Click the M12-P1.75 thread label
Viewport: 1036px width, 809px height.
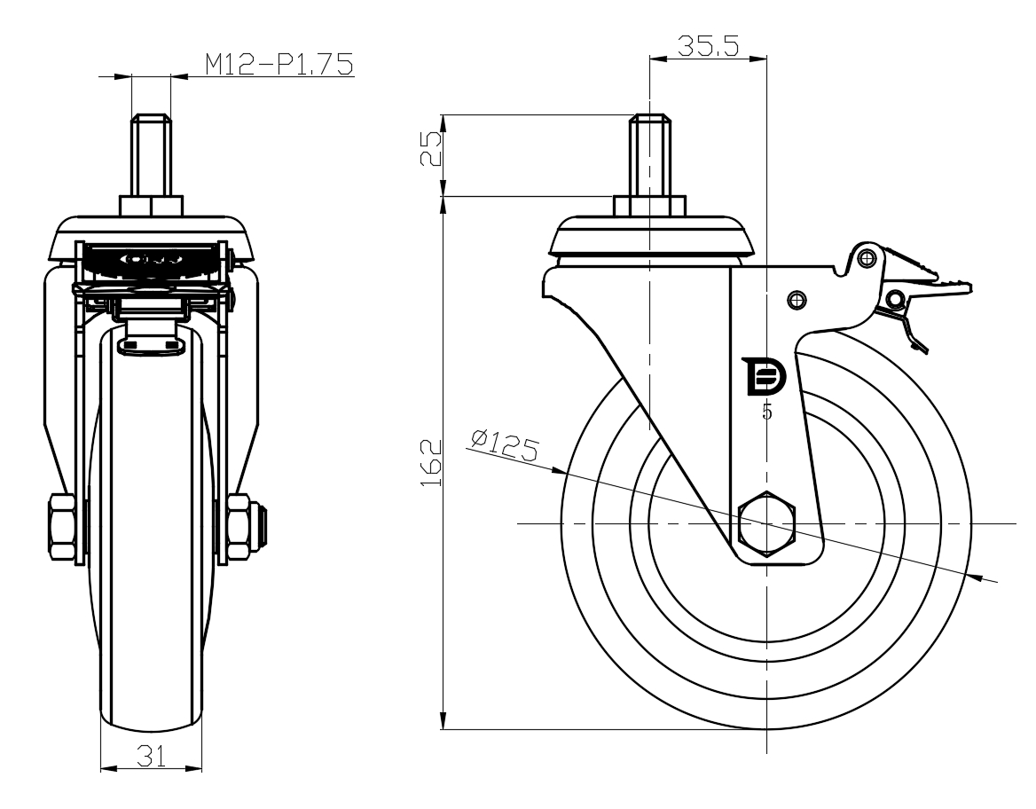[x=279, y=64]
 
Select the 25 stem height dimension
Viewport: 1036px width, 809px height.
[x=431, y=149]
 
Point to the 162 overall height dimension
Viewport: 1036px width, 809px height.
[x=431, y=463]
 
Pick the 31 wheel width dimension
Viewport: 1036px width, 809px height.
[x=151, y=756]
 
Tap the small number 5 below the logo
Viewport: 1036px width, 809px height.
[x=767, y=412]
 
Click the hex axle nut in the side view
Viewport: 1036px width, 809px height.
[x=766, y=524]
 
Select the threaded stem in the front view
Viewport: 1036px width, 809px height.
[x=152, y=155]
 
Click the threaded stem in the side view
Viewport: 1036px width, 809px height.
[x=649, y=155]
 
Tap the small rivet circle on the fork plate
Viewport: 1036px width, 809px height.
[x=797, y=300]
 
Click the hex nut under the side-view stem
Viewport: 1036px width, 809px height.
[x=649, y=205]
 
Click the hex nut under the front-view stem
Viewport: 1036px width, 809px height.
[x=152, y=205]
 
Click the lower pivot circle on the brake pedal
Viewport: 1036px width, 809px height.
[x=895, y=300]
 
